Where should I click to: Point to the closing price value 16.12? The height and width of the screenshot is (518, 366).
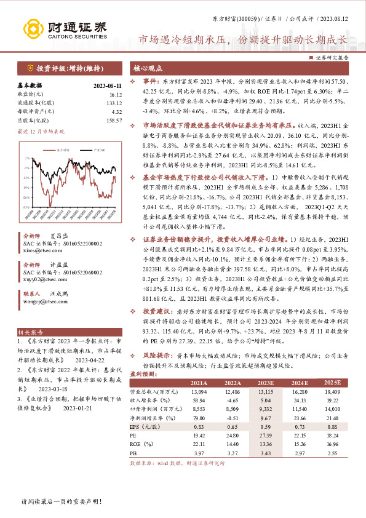pyautogui.click(x=116, y=95)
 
